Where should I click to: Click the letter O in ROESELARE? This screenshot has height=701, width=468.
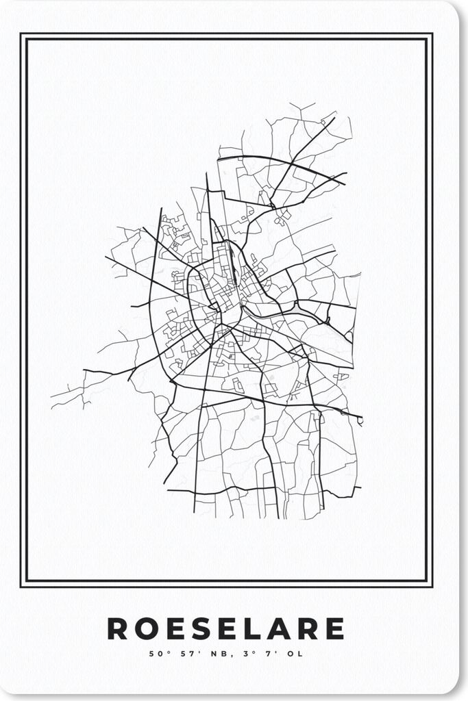click(146, 628)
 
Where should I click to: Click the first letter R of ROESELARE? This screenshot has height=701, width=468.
click(117, 628)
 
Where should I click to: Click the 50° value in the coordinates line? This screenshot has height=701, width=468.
click(159, 654)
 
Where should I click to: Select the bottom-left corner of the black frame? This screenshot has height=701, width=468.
click(22, 586)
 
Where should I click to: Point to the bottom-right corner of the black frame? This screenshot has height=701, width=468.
click(432, 586)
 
